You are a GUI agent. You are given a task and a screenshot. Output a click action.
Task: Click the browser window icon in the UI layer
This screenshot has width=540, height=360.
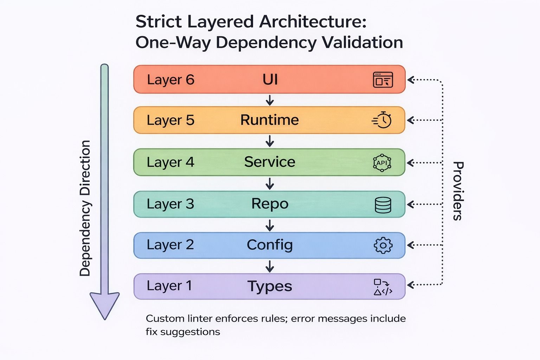pyautogui.click(x=383, y=80)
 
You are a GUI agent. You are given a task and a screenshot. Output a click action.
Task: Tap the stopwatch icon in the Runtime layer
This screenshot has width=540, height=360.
pyautogui.click(x=382, y=120)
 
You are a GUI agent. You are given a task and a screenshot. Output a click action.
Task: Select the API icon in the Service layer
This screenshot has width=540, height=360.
pyautogui.click(x=382, y=163)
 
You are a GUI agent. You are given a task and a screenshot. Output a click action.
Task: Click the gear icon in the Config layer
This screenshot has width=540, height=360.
pyautogui.click(x=383, y=245)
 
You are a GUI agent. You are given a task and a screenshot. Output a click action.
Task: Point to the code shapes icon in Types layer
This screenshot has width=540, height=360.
pyautogui.click(x=382, y=287)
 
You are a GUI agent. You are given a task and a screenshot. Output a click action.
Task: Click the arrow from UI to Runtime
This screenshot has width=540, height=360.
pyautogui.click(x=270, y=100)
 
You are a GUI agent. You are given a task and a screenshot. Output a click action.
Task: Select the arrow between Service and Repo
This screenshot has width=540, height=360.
pyautogui.click(x=270, y=184)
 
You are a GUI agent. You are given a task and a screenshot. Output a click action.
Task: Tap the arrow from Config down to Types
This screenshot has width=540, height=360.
pyautogui.click(x=270, y=266)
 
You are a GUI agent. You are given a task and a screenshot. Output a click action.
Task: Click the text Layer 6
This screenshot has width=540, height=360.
pyautogui.click(x=171, y=80)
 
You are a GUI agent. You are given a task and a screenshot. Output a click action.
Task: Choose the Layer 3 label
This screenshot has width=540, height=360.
pyautogui.click(x=170, y=204)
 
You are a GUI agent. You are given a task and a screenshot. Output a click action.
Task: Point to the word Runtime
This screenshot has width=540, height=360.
pyautogui.click(x=269, y=120)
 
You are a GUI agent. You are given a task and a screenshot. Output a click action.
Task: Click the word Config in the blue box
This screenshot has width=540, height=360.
pyautogui.click(x=270, y=245)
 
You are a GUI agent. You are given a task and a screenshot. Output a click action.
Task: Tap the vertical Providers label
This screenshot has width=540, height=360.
pyautogui.click(x=457, y=191)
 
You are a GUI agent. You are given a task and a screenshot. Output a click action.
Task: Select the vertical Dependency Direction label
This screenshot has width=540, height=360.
pyautogui.click(x=85, y=208)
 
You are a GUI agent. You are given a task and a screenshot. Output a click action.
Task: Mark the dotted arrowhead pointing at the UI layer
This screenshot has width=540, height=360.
pyautogui.click(x=411, y=80)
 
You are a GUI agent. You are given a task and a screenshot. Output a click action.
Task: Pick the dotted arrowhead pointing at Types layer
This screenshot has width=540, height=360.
pyautogui.click(x=411, y=285)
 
